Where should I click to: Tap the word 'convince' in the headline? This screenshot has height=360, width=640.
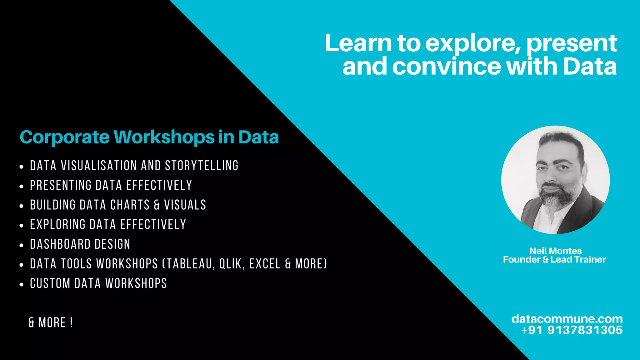(x=447, y=67)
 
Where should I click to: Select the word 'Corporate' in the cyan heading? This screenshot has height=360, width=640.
(x=65, y=137)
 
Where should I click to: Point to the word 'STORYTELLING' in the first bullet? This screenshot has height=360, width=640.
(x=202, y=166)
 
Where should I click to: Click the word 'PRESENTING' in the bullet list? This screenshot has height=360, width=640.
(x=61, y=185)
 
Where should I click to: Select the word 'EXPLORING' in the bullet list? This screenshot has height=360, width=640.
(x=57, y=225)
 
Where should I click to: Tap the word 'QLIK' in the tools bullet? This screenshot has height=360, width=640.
(x=231, y=264)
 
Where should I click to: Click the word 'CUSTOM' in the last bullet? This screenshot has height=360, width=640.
(x=50, y=284)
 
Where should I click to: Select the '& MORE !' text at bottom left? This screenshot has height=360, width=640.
(x=51, y=323)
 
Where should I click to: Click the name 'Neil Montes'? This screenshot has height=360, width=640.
(x=555, y=251)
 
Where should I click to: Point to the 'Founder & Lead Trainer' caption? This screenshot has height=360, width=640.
(x=554, y=260)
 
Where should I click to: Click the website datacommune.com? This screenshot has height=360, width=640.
(x=567, y=319)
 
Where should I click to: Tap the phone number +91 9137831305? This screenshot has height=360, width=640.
(x=572, y=330)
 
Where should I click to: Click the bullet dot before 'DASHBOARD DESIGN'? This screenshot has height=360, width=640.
(x=21, y=245)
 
